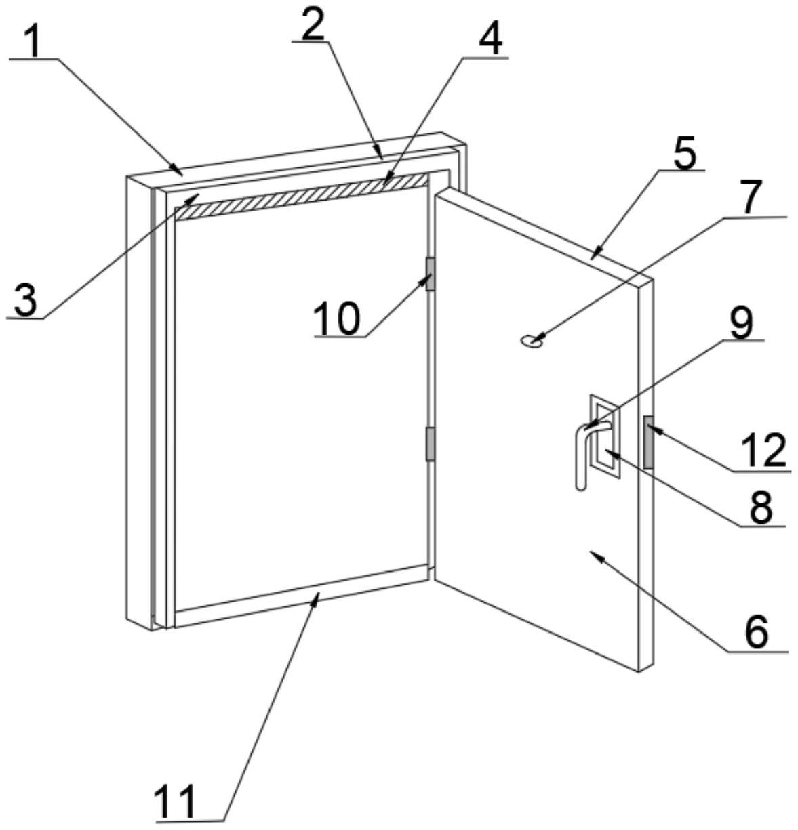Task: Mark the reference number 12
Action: [x=763, y=451]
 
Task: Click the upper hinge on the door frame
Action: [x=430, y=274]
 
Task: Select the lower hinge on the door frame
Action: [x=430, y=444]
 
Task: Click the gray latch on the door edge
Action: [x=648, y=442]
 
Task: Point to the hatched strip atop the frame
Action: [x=302, y=196]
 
